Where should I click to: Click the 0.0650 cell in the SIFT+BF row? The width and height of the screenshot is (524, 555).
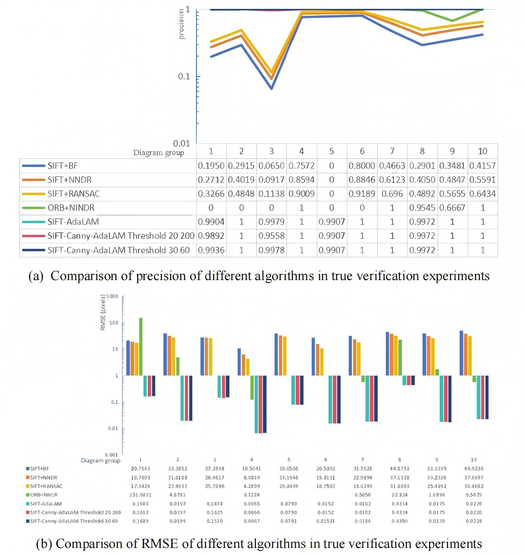point(271,166)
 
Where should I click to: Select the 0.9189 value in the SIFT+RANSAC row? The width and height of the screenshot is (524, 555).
point(362,194)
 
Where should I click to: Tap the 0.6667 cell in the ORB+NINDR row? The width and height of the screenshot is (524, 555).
point(452,208)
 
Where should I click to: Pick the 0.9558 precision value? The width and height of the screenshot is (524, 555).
point(271,236)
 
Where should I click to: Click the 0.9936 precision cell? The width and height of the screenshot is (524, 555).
point(211,250)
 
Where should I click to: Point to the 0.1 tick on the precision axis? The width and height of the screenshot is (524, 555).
point(184,76)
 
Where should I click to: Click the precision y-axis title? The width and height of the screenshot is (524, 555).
point(181,24)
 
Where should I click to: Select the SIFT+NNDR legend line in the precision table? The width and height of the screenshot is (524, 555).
point(33,180)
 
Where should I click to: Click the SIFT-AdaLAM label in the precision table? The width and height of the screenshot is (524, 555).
point(73,222)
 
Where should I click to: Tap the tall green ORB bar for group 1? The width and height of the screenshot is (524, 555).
point(141,346)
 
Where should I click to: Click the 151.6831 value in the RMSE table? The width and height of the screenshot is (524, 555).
point(140,495)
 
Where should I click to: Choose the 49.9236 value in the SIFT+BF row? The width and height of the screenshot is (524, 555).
point(474,468)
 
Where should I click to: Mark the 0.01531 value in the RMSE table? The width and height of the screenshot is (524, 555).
point(326,521)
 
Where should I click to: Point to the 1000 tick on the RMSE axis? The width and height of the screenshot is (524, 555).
point(112,296)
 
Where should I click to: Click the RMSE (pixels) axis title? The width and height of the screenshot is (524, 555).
point(103,312)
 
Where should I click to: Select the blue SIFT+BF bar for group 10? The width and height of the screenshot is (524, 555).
point(461,353)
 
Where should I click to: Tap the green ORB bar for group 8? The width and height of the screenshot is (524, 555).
point(400,357)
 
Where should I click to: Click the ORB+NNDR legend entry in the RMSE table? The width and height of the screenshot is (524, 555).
point(44,495)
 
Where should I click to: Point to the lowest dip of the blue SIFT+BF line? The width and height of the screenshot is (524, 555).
point(272,88)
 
